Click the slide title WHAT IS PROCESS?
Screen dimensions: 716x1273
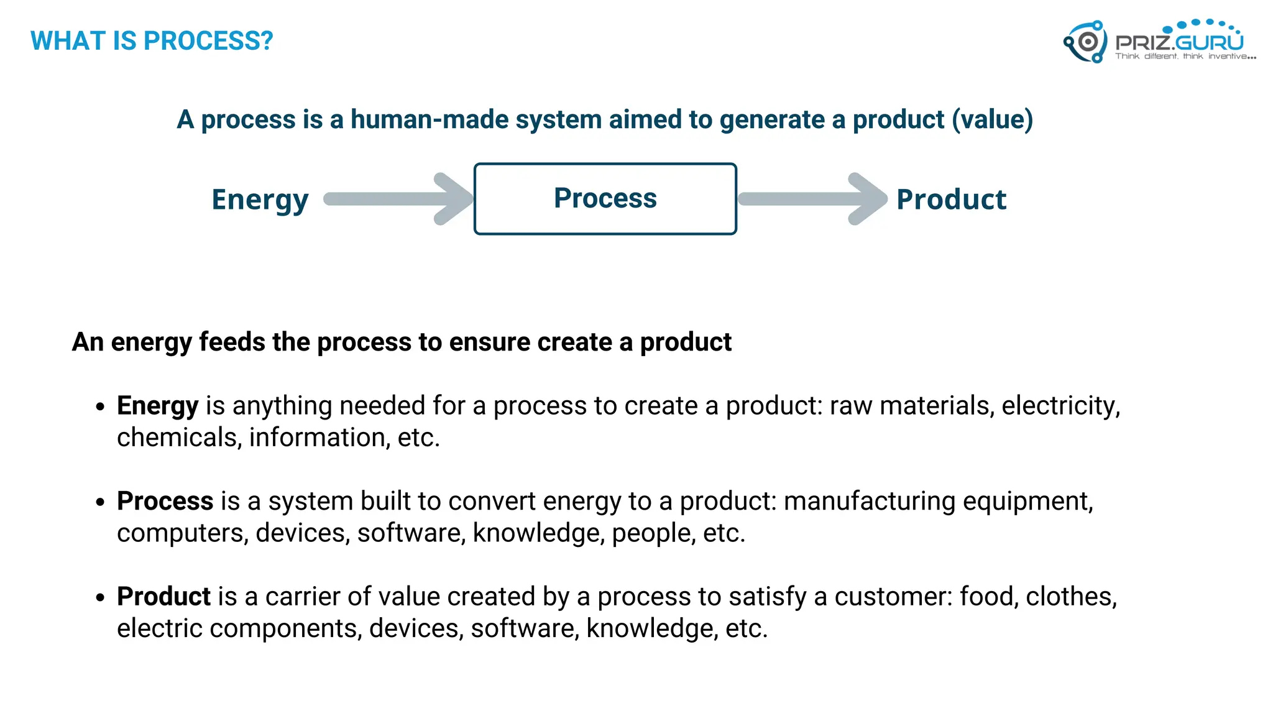point(152,41)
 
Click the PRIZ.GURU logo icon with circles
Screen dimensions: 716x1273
point(1085,42)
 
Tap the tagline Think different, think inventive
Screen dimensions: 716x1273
point(1185,57)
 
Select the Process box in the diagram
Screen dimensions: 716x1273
point(605,199)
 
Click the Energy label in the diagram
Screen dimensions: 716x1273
point(260,200)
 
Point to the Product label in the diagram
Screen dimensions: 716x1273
point(951,200)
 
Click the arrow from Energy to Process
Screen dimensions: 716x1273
point(398,199)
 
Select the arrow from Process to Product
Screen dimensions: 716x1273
point(811,199)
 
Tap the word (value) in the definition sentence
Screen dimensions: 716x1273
point(992,119)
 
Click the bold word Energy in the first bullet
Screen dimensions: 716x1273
point(157,406)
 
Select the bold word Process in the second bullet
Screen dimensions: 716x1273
point(165,501)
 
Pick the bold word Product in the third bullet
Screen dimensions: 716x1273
point(163,597)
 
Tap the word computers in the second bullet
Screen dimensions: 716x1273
point(183,533)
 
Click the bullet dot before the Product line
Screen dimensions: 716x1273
point(101,598)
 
